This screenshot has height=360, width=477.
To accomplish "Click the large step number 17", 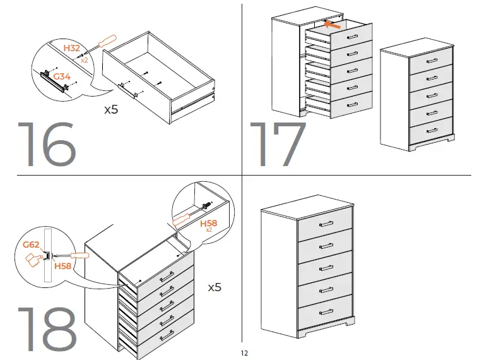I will [278, 145].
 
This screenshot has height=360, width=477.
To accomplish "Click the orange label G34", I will [62, 76].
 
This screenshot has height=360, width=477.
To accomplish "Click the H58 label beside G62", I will [62, 267].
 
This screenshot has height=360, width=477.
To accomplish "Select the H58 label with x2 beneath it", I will [209, 224].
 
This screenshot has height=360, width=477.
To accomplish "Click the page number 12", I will [244, 353].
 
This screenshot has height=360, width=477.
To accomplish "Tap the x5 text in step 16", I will [111, 109].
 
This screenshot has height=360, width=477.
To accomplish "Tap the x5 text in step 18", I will [215, 287].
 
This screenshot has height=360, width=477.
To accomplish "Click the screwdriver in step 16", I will [101, 46].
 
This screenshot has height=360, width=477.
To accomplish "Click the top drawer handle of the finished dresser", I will [326, 224].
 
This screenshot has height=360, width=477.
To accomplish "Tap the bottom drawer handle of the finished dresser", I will [326, 312].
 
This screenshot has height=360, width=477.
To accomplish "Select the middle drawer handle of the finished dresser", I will [326, 268].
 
